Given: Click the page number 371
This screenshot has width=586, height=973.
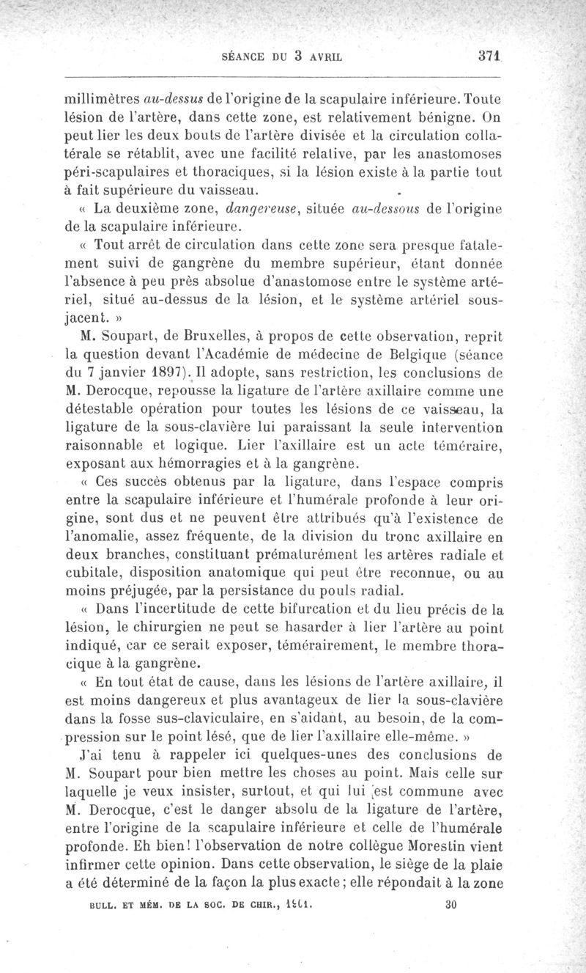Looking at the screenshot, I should tap(488, 54).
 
